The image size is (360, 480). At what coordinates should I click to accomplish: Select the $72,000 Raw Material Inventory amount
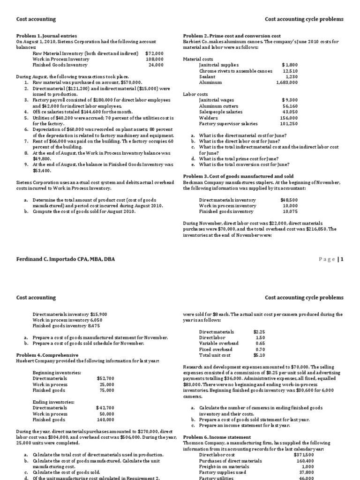[154, 53]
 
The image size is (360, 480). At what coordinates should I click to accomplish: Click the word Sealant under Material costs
[207, 76]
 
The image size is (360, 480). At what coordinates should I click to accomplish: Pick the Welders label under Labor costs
[208, 118]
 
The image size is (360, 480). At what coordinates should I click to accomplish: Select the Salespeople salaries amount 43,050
[289, 112]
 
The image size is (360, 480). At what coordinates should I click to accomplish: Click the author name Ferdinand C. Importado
[65, 259]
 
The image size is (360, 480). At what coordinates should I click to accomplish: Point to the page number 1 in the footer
[342, 259]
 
